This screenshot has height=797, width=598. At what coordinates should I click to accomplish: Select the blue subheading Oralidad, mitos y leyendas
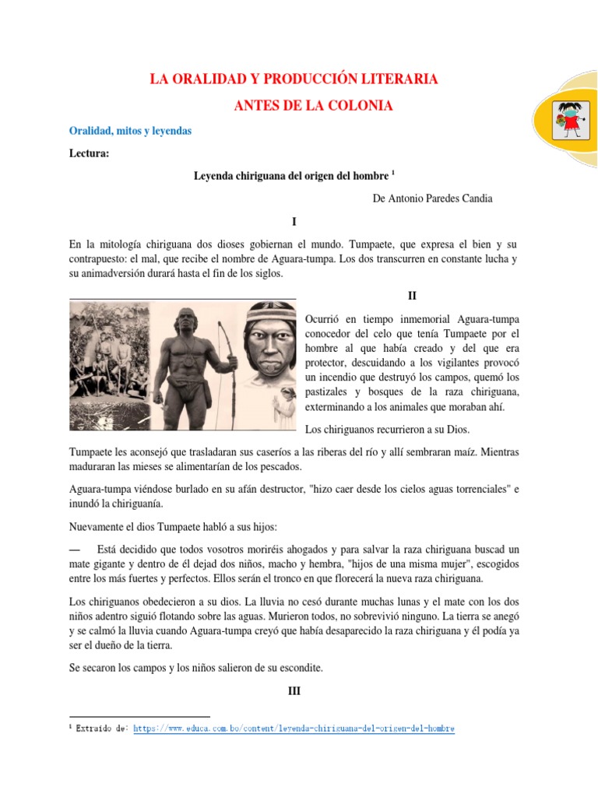[130, 132]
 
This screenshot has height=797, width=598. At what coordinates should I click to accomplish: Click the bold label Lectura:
[90, 154]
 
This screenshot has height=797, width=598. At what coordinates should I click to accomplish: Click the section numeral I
[293, 222]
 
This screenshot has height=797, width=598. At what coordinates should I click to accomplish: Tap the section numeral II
[413, 296]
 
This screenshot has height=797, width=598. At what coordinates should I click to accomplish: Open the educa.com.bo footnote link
[294, 729]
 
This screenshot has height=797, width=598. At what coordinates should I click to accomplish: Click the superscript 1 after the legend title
[394, 172]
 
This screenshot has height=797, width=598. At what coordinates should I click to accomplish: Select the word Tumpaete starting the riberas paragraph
[91, 452]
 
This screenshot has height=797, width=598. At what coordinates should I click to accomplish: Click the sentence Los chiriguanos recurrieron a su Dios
[387, 429]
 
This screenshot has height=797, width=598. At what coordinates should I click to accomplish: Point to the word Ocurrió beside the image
[323, 320]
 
